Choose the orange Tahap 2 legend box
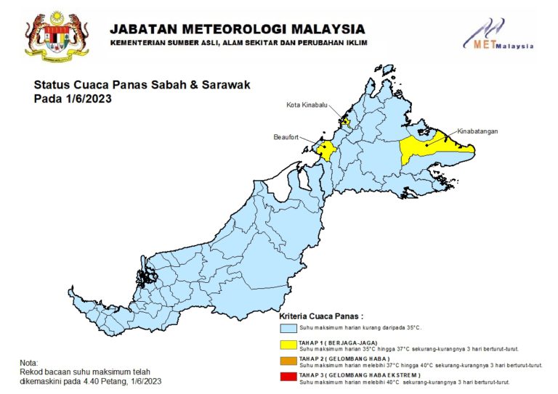tap(289, 361)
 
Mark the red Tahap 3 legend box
tap(289, 377)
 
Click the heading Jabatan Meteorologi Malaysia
tap(238, 29)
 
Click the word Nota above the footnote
tap(28, 363)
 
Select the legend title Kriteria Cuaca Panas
tap(320, 317)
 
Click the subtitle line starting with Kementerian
tap(238, 44)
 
